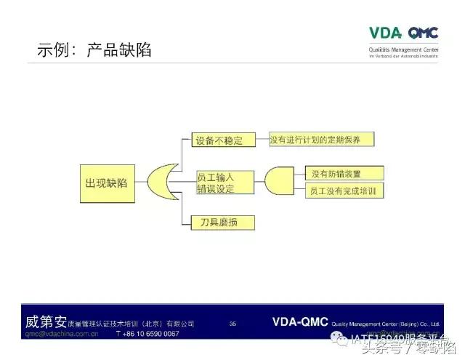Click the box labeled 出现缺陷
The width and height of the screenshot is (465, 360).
click(106, 182)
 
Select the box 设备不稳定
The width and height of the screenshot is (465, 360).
click(218, 140)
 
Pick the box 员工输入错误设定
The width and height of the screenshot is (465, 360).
click(225, 182)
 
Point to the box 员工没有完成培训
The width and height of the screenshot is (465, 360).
click(343, 191)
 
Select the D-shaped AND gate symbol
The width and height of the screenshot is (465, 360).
click(278, 182)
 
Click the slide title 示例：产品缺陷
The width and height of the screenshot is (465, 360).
click(94, 50)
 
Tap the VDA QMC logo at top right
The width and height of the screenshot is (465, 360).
click(403, 33)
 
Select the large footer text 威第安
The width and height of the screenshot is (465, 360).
click(46, 321)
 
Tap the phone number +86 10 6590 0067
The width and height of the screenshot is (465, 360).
click(147, 334)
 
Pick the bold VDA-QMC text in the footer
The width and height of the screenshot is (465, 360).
click(300, 321)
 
